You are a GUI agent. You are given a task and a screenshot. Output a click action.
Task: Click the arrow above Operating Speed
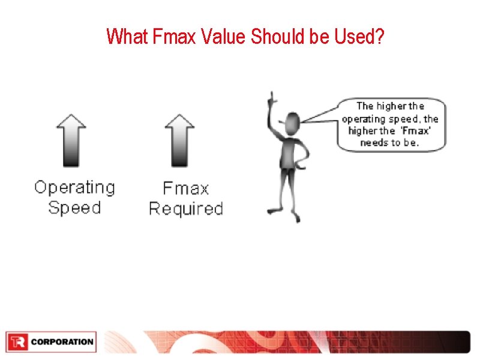tap(71, 140)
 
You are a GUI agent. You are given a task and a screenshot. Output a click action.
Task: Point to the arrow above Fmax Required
tap(180, 140)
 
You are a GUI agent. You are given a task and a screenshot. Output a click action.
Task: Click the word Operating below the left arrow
tap(74, 188)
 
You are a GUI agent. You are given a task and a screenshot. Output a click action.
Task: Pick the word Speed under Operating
tap(74, 208)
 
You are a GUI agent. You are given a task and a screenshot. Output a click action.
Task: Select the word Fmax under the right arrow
tap(186, 188)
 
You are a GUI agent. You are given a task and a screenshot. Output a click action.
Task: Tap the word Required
tap(186, 209)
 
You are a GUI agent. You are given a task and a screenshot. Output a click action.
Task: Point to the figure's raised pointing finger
tap(271, 96)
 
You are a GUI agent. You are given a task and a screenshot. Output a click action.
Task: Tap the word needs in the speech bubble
tap(374, 143)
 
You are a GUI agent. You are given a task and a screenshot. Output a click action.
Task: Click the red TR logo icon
tap(17, 342)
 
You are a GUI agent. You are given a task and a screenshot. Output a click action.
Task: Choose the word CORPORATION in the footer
tap(62, 342)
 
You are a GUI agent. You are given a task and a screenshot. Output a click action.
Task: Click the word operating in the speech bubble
tap(362, 119)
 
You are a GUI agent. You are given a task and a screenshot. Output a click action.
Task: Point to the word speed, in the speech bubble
tap(405, 119)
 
